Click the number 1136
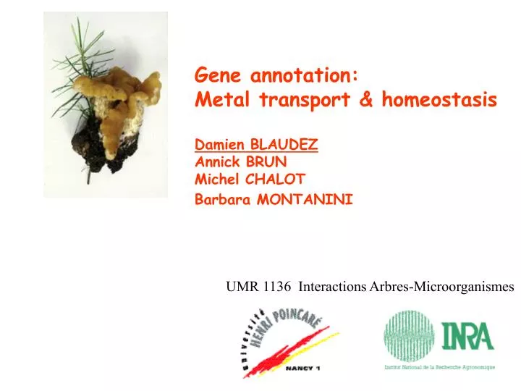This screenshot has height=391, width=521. pos(278,286)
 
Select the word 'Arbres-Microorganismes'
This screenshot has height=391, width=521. pos(441,286)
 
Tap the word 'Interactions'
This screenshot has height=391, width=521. pos(332,286)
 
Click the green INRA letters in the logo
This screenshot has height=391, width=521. pos(468,337)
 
